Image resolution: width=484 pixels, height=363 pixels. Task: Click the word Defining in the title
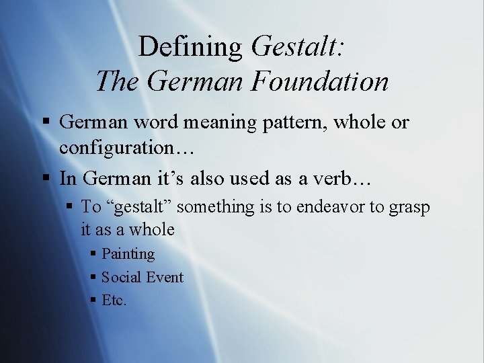click(x=190, y=47)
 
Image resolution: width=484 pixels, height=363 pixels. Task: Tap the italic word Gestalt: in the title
click(x=298, y=47)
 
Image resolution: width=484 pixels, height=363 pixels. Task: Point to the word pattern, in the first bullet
click(x=292, y=122)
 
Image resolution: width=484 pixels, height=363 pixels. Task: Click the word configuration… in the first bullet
click(x=126, y=148)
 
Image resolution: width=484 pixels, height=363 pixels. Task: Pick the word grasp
click(x=409, y=207)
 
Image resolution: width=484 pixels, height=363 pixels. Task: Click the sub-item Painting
click(x=128, y=254)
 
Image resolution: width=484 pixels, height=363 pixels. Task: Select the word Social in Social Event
click(x=120, y=277)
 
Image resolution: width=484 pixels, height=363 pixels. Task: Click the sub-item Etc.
click(x=114, y=300)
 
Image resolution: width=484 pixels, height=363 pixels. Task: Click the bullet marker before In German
click(x=46, y=179)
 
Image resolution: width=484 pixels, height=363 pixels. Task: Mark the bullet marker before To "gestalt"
click(x=70, y=207)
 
